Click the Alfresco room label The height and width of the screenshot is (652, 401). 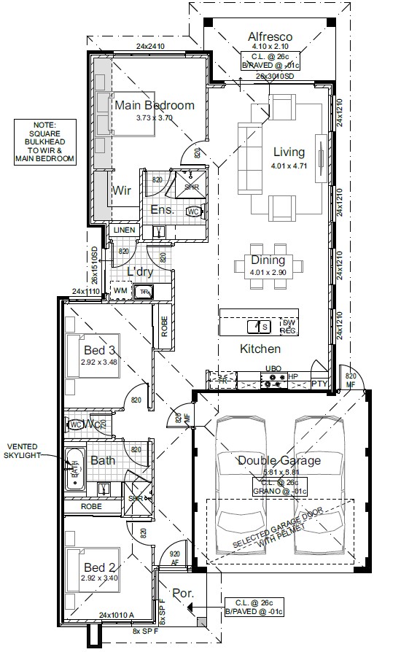pyautogui.click(x=270, y=36)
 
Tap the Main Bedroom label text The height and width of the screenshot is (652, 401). pyautogui.click(x=155, y=105)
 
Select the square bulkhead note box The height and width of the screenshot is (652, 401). pyautogui.click(x=49, y=141)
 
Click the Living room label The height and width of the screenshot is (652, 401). pyautogui.click(x=289, y=152)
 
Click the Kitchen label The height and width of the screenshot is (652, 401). pyautogui.click(x=260, y=349)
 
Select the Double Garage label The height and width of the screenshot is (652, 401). pyautogui.click(x=279, y=460)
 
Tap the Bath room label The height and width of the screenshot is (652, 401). pyautogui.click(x=102, y=461)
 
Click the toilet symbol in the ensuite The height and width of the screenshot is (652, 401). pyautogui.click(x=194, y=211)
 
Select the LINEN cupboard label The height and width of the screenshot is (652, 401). pyautogui.click(x=124, y=230)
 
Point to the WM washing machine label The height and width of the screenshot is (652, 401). pyautogui.click(x=120, y=291)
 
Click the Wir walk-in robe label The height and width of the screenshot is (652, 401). pyautogui.click(x=121, y=191)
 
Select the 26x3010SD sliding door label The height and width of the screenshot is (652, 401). pyautogui.click(x=275, y=77)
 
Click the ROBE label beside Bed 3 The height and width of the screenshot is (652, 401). pyautogui.click(x=165, y=325)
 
